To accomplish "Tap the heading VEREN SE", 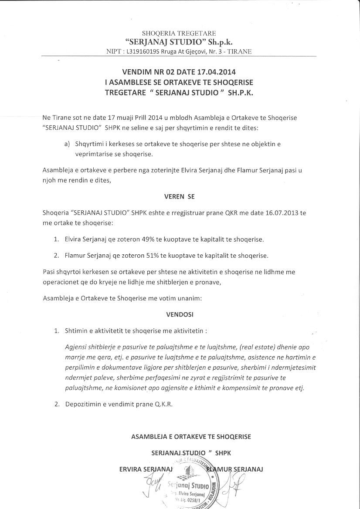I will pos(179,196).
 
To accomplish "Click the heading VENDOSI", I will pos(180,314).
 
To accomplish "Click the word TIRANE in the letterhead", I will pos(239,51).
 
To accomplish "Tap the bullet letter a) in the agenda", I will pos(67,144).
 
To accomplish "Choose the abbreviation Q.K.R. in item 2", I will pos(163,404).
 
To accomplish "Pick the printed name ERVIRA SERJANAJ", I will pos(146,469).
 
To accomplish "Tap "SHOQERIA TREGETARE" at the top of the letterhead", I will pos(179,33).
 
